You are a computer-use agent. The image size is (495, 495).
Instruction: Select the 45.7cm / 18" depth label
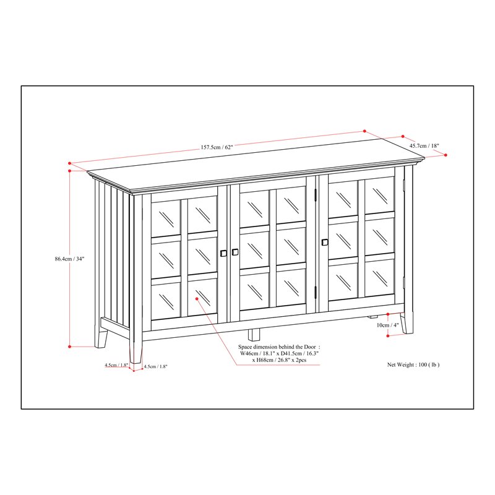(x=424, y=146)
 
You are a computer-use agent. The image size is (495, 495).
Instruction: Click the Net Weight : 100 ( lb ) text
(x=413, y=365)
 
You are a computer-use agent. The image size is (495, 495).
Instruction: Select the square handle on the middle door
(x=235, y=252)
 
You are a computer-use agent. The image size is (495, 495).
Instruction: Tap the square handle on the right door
(x=324, y=242)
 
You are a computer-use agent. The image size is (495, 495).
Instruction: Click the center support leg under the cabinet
(x=254, y=334)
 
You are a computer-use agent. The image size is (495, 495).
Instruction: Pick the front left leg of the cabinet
(x=136, y=350)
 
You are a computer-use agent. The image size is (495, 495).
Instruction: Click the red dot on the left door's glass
(x=197, y=298)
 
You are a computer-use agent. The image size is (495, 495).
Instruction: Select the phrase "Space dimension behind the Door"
(x=280, y=348)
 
